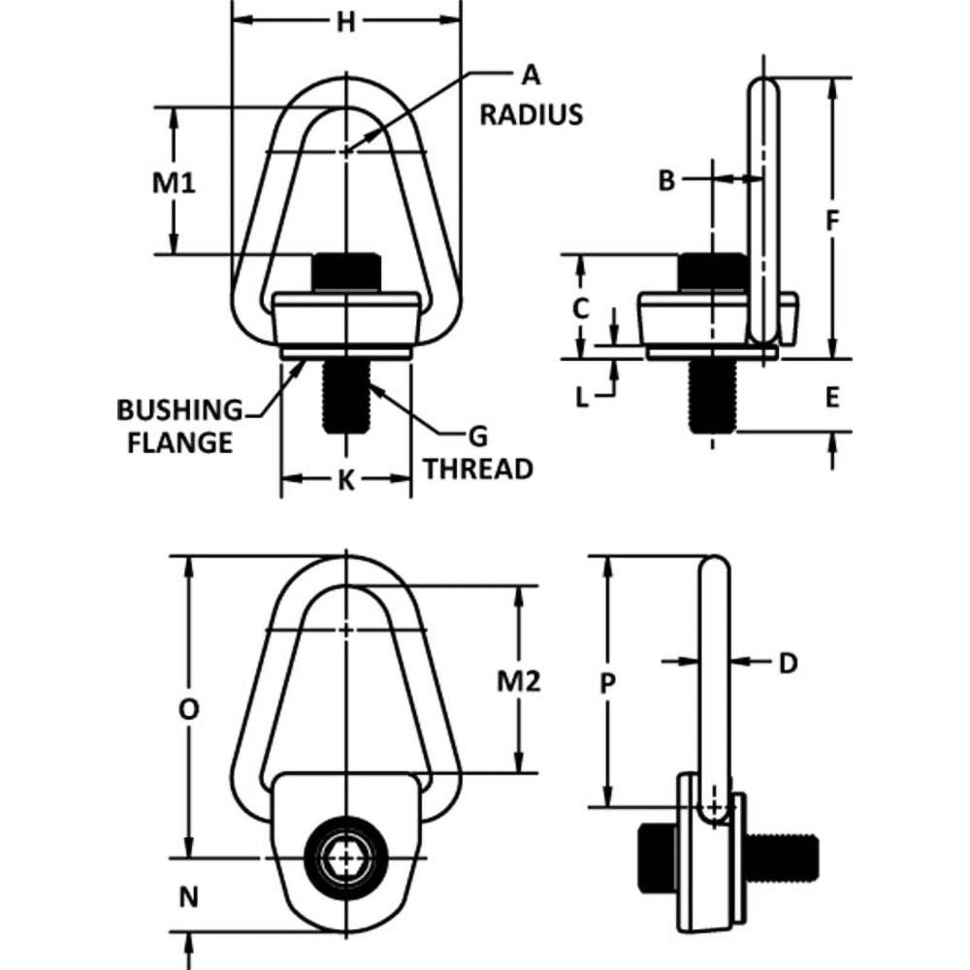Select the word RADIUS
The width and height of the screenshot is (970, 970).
click(x=532, y=114)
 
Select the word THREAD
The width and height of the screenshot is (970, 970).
click(x=478, y=469)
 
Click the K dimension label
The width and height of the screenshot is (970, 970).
click(x=345, y=480)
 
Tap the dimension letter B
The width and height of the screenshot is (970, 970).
click(x=665, y=179)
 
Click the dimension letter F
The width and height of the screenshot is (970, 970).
click(x=831, y=221)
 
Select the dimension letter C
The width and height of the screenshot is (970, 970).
click(x=579, y=308)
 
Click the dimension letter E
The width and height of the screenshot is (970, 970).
click(x=831, y=396)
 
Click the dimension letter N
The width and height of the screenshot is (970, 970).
click(x=190, y=897)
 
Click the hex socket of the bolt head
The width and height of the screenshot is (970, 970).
click(x=345, y=858)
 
